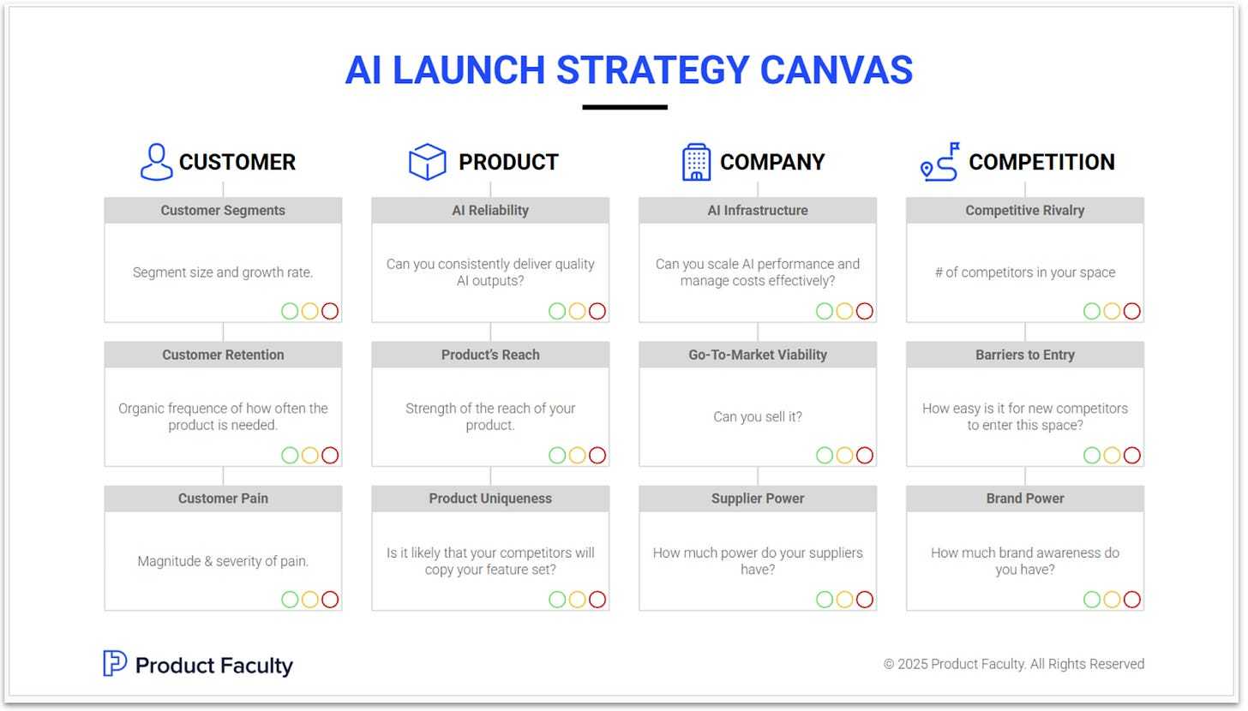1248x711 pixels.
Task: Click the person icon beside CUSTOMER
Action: click(x=156, y=162)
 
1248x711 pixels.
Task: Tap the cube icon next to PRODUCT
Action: click(x=427, y=162)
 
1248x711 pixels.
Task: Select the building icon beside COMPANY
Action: click(x=696, y=162)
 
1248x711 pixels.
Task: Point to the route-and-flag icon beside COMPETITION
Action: click(x=939, y=162)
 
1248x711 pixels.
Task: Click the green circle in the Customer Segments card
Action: click(x=290, y=311)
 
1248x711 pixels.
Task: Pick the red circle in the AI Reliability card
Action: click(x=597, y=311)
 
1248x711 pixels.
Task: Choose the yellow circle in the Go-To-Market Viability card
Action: click(x=844, y=456)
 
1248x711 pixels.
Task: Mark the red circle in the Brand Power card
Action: click(x=1132, y=600)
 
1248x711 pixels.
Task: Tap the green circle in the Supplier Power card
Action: click(x=825, y=600)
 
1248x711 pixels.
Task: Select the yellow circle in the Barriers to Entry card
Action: click(x=1112, y=456)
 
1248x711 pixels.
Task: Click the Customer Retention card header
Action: click(x=223, y=355)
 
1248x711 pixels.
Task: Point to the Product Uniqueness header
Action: click(x=490, y=499)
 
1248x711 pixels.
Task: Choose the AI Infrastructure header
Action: click(x=758, y=211)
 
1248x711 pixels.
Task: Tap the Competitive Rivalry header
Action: click(x=1025, y=211)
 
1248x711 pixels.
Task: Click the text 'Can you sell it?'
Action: click(x=758, y=417)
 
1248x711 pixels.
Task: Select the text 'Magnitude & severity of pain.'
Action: click(x=223, y=562)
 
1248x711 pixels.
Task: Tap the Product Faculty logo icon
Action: click(x=115, y=664)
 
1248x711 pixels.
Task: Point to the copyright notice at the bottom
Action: click(x=1014, y=664)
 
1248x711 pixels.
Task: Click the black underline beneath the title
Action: click(x=625, y=107)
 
